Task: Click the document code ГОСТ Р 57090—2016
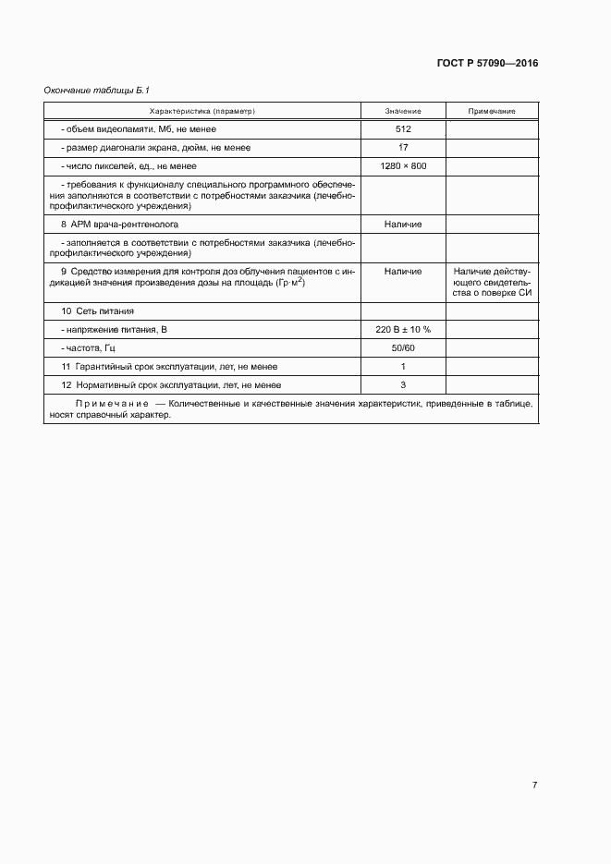(x=487, y=64)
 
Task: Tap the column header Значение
(x=403, y=111)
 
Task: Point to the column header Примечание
(x=492, y=111)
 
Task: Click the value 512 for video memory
(x=403, y=129)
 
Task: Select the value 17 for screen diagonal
(x=403, y=148)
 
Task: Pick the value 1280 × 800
(x=403, y=166)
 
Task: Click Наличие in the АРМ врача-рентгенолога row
(x=403, y=225)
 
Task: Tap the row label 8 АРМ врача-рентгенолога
(x=119, y=225)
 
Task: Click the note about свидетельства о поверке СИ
(x=492, y=282)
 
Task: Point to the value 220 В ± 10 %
(x=403, y=330)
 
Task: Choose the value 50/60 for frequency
(x=403, y=348)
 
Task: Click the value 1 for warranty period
(x=403, y=367)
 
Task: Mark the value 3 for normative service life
(x=403, y=385)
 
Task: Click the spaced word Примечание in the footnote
(x=112, y=405)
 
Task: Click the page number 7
(x=535, y=785)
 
